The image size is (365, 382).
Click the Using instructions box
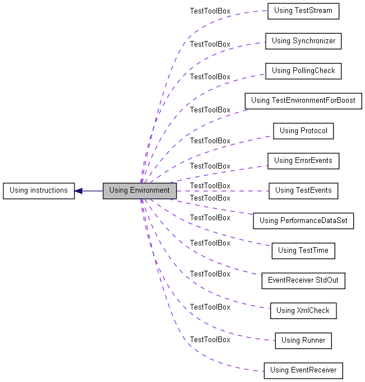click(39, 191)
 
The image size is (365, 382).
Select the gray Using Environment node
click(140, 191)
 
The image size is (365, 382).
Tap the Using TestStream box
click(303, 11)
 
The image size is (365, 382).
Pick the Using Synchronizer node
click(303, 41)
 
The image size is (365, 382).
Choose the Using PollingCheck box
click(303, 71)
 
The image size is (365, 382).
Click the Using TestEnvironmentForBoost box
click(303, 101)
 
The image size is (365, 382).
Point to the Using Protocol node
click(303, 131)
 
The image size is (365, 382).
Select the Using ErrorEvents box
click(303, 161)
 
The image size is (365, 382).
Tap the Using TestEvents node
click(303, 191)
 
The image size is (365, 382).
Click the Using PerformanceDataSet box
click(303, 221)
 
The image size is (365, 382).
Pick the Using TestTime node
click(303, 251)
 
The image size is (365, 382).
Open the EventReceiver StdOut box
click(303, 281)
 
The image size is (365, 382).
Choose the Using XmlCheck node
click(303, 311)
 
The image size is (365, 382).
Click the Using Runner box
click(303, 341)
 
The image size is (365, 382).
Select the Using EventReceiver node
click(303, 371)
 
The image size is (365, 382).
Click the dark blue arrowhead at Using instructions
click(78, 191)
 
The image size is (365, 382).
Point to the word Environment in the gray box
click(150, 190)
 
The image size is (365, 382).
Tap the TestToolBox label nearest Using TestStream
click(210, 11)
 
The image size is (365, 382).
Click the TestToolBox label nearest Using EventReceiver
click(210, 340)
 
